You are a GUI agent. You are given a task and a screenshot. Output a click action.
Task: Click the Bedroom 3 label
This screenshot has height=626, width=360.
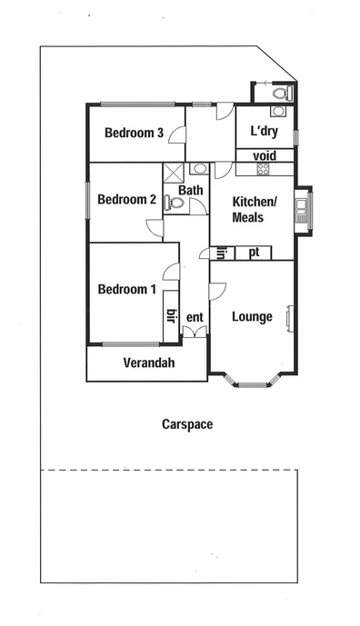click(x=134, y=133)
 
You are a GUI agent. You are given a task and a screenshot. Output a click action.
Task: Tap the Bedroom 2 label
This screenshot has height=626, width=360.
click(x=127, y=200)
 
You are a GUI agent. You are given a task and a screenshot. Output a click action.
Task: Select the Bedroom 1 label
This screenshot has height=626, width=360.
click(x=127, y=290)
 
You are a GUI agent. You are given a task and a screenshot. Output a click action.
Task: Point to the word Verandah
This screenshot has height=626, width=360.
click(x=148, y=364)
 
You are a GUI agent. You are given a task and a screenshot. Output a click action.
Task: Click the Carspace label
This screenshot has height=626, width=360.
click(x=187, y=424)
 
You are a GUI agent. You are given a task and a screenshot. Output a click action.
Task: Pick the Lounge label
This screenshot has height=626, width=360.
click(x=252, y=317)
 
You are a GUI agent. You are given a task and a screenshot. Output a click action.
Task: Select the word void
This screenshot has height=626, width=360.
click(x=264, y=155)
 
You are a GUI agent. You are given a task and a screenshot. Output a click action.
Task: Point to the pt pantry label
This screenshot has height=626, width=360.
click(x=255, y=252)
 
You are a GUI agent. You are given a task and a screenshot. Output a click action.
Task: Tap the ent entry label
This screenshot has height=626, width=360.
click(x=194, y=317)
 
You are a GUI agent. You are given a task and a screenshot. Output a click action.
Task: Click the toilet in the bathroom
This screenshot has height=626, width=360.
click(x=175, y=204)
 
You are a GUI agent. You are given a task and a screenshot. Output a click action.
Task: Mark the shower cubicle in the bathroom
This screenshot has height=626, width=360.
click(x=173, y=173)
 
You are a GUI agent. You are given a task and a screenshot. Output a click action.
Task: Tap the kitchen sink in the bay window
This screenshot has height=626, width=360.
click(x=302, y=214)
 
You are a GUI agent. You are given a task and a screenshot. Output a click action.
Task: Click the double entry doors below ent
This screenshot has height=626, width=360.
click(x=195, y=332)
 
